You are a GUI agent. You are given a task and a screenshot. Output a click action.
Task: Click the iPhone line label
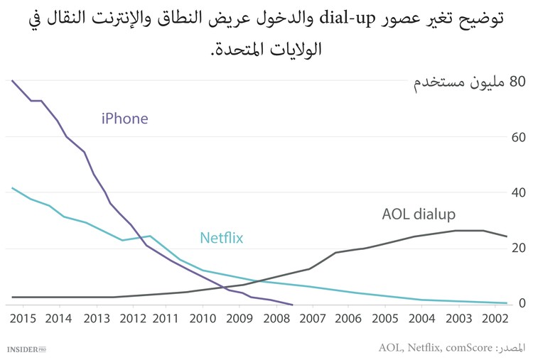click(x=124, y=119)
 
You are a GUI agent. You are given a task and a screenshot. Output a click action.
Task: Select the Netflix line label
click(x=221, y=238)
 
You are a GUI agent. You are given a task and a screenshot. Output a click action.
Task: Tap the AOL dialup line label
click(x=419, y=214)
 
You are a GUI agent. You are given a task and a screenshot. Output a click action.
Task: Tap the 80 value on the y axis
click(x=517, y=82)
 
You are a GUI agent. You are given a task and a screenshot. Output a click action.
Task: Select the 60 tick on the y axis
click(x=517, y=137)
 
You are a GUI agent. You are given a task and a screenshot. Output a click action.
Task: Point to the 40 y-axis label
click(x=517, y=192)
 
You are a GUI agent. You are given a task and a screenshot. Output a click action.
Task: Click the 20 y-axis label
click(x=517, y=248)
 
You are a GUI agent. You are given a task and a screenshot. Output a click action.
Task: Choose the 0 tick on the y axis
click(x=522, y=303)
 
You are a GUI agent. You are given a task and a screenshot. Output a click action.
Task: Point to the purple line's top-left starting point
click(x=12, y=80)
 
